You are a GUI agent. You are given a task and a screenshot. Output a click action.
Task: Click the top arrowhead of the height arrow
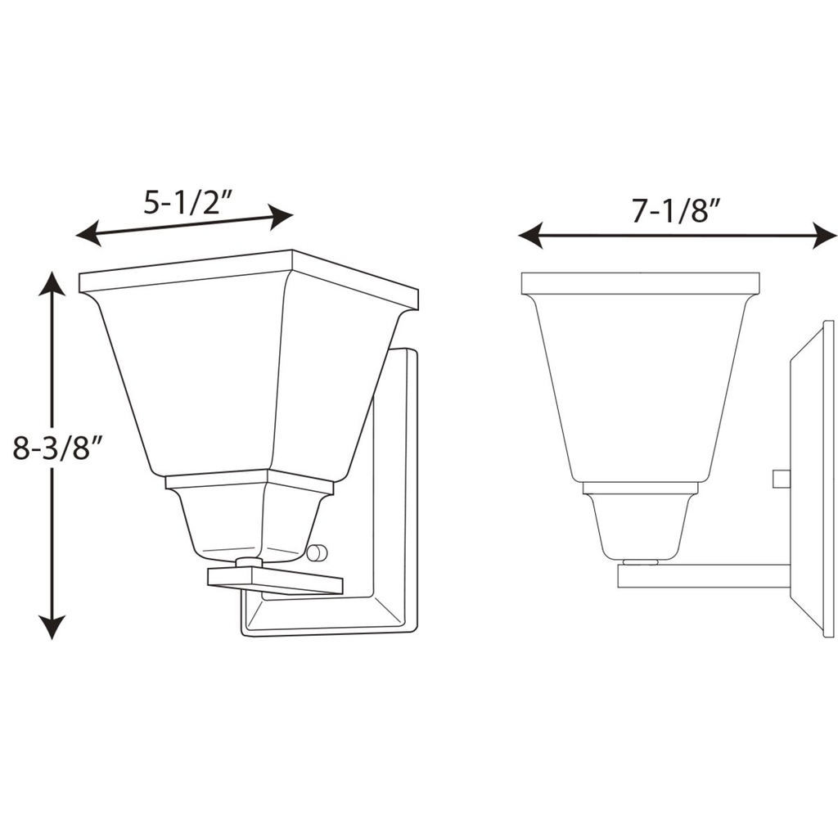coord(52,282)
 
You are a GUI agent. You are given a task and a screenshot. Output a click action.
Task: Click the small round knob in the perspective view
coord(318,553)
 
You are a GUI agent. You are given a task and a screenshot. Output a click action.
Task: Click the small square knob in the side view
coord(781,478)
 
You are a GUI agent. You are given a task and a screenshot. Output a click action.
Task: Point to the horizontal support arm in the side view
coord(704,576)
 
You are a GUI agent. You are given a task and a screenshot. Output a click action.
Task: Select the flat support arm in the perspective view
coord(274,580)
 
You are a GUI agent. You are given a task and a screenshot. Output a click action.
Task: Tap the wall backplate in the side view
coord(812,479)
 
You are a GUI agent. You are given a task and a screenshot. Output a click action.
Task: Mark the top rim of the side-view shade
coord(640,283)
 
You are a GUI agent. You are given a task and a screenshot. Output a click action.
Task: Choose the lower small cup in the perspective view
coord(246,524)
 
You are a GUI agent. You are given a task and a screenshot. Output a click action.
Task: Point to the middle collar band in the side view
coord(640,488)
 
